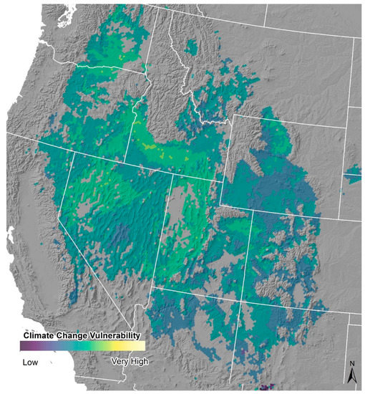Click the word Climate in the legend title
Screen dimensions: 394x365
39,335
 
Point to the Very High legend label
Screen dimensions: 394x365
130,361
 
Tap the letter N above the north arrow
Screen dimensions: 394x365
352,365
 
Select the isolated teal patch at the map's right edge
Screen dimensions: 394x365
354,173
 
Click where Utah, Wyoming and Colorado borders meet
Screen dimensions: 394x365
251,210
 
